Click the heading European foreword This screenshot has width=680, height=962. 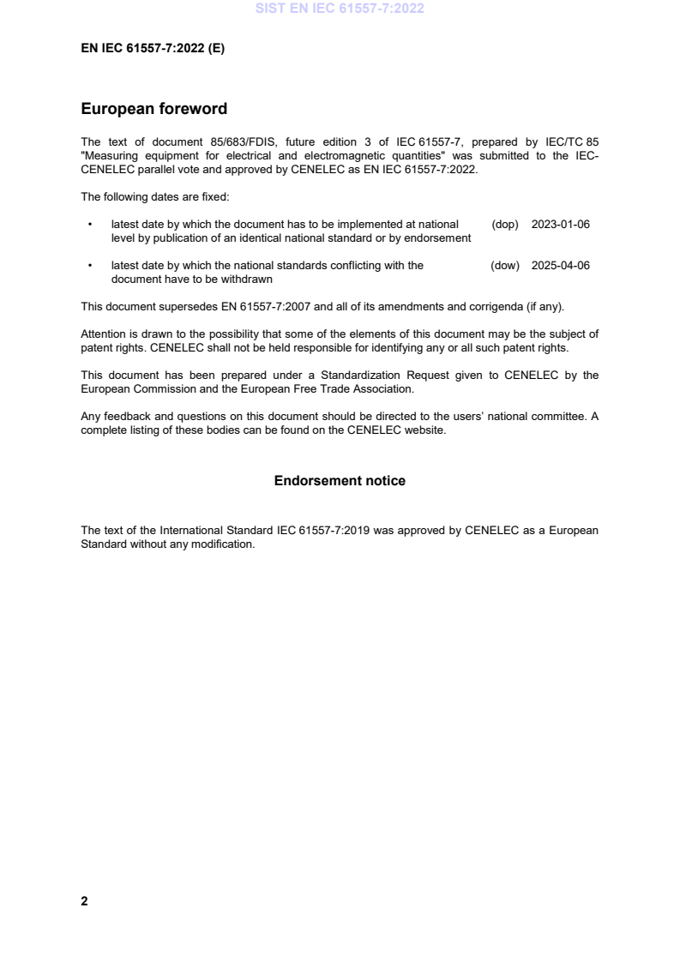pos(153,109)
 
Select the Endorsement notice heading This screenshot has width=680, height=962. pos(340,481)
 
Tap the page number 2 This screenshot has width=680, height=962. pos(84,901)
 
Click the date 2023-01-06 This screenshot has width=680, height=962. pos(561,225)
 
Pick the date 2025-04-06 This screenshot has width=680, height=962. pos(561,266)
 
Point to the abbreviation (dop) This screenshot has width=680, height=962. pos(505,225)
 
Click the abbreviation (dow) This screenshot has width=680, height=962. pos(505,266)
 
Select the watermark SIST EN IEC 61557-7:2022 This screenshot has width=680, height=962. pos(340,9)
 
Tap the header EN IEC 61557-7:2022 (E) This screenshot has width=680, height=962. pos(153,49)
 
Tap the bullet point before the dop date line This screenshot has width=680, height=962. pos(89,225)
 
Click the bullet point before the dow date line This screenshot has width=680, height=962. pos(89,266)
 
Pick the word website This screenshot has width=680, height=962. pos(426,430)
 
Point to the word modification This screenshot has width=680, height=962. pos(226,544)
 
